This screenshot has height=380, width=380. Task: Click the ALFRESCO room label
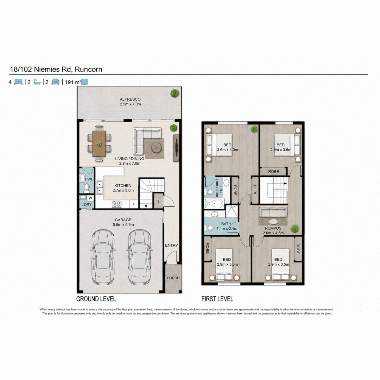pyautogui.click(x=130, y=99)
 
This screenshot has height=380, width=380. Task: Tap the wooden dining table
pyautogui.click(x=99, y=143)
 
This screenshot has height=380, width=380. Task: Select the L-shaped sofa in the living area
pyautogui.click(x=145, y=138)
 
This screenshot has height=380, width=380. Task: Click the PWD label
pyautogui.click(x=89, y=179)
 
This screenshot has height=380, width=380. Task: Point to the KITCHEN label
pyautogui.click(x=123, y=186)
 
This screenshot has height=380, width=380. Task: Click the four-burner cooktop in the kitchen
pyautogui.click(x=116, y=204)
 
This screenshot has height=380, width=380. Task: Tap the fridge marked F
pyautogui.click(x=134, y=204)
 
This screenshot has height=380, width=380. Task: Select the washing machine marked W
pyautogui.click(x=90, y=198)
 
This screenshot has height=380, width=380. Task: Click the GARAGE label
pyautogui.click(x=123, y=220)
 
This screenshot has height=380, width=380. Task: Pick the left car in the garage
pyautogui.click(x=103, y=259)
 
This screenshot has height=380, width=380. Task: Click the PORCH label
pyautogui.click(x=173, y=278)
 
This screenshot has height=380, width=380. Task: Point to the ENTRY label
pyautogui.click(x=171, y=245)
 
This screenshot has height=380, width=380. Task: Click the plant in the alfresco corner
pyautogui.click(x=175, y=93)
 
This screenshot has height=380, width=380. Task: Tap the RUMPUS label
pyautogui.click(x=273, y=228)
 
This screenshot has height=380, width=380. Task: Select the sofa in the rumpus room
pyautogui.click(x=273, y=212)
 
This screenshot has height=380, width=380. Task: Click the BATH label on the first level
pyautogui.click(x=226, y=224)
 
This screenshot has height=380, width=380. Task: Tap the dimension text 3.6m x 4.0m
pyautogui.click(x=227, y=150)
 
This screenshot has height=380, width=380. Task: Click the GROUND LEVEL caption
pyautogui.click(x=96, y=299)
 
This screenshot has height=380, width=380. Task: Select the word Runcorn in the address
pyautogui.click(x=89, y=69)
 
